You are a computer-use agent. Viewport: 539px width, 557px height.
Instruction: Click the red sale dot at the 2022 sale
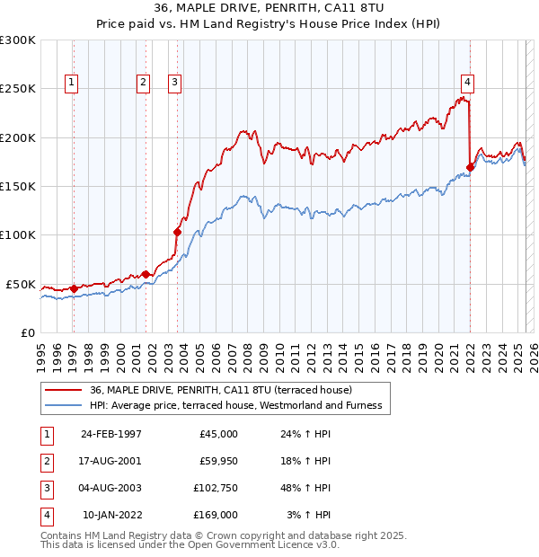pyautogui.click(x=471, y=167)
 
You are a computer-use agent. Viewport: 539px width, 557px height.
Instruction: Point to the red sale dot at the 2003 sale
pyautogui.click(x=177, y=232)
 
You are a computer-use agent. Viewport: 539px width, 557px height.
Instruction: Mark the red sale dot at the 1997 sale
pyautogui.click(x=74, y=288)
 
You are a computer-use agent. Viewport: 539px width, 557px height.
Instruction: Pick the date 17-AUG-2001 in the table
pyautogui.click(x=111, y=461)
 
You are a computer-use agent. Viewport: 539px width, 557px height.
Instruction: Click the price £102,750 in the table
pyautogui.click(x=215, y=488)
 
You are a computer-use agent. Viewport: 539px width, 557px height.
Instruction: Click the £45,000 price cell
pyautogui.click(x=218, y=434)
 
